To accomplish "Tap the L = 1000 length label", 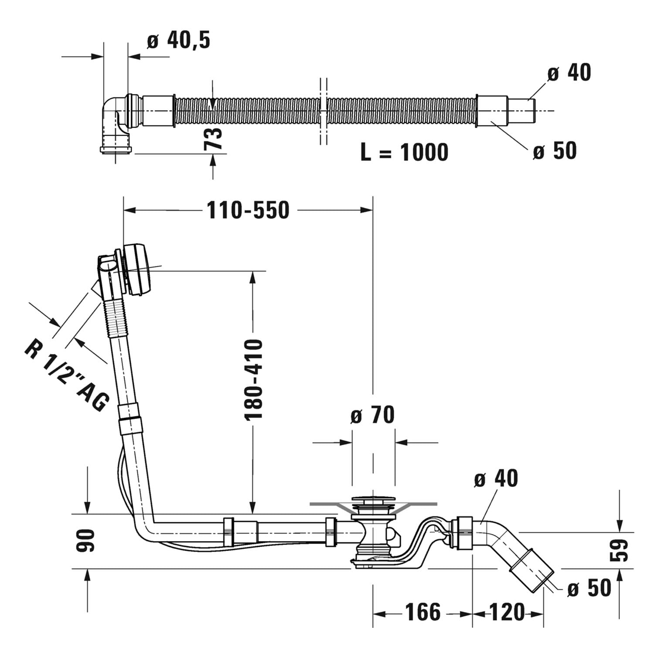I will click(404, 152).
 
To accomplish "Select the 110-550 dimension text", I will click(248, 210).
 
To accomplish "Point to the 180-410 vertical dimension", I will click(254, 379).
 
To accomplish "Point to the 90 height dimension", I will click(85, 541).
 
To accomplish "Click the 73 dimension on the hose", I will click(213, 139).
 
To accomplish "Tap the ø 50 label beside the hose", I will click(555, 151).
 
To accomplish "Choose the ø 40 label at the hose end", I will click(569, 73).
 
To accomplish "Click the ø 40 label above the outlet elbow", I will click(496, 479).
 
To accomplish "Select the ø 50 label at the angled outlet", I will click(589, 588).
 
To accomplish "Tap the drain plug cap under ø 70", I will click(373, 499).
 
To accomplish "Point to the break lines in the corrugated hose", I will click(323, 111).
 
